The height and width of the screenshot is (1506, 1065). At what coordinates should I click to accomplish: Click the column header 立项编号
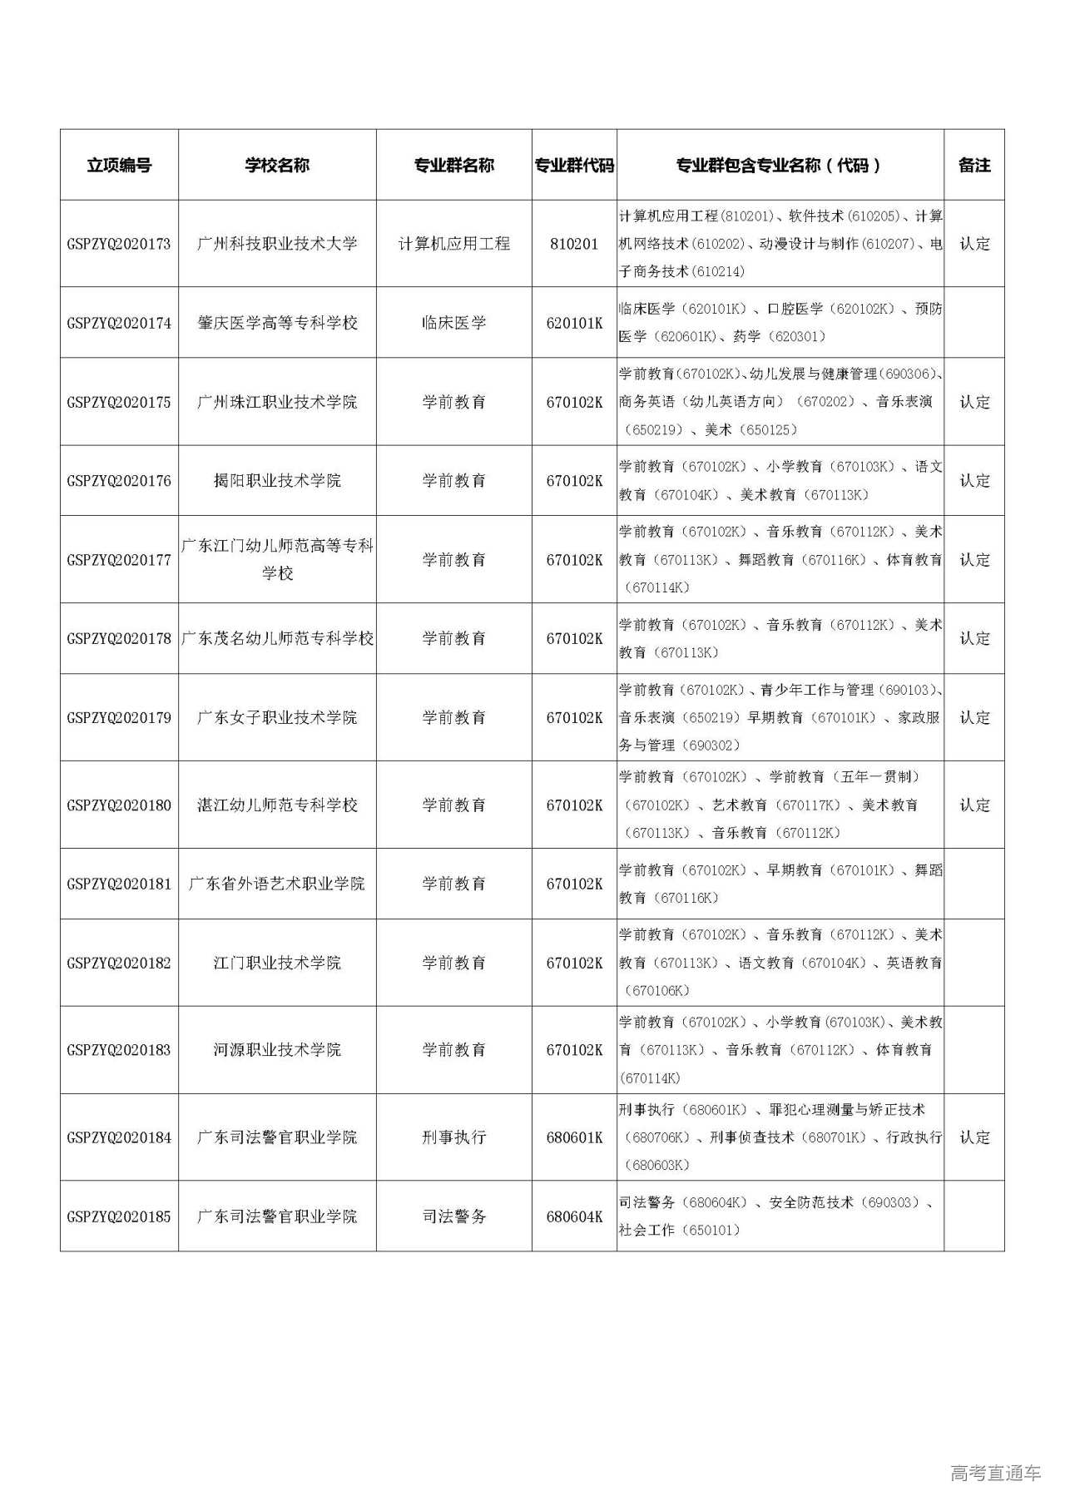[x=119, y=165]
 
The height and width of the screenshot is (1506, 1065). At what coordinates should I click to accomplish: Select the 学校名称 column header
[x=277, y=165]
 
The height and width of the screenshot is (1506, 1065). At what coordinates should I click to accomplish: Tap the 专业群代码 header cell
[x=574, y=165]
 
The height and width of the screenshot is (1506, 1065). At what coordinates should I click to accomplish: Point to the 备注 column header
[x=974, y=165]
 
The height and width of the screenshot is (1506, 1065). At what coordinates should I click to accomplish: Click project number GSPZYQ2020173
[x=119, y=244]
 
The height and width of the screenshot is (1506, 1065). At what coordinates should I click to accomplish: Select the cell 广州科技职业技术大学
[x=277, y=244]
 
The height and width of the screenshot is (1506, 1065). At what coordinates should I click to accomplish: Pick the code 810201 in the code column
[x=574, y=244]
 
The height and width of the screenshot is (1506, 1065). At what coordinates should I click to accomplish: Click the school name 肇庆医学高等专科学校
[x=277, y=323]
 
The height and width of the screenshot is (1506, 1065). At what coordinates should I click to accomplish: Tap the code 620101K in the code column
[x=574, y=323]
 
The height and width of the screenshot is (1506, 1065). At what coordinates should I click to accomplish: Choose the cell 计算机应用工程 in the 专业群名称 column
[x=453, y=244]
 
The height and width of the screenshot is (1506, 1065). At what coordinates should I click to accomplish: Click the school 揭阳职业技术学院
[x=277, y=480]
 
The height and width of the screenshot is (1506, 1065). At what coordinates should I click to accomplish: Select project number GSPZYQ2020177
[x=119, y=559]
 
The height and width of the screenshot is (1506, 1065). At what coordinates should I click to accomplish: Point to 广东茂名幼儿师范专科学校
[x=277, y=638]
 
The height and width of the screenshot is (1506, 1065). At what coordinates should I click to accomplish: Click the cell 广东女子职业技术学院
[x=277, y=717]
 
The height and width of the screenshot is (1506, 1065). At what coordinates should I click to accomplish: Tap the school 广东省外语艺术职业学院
[x=277, y=884]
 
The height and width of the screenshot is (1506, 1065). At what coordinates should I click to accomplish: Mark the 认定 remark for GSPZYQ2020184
[x=974, y=1137]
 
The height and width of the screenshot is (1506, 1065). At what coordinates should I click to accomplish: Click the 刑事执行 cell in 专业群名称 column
[x=453, y=1137]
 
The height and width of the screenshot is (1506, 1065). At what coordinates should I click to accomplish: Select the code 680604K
[x=574, y=1216]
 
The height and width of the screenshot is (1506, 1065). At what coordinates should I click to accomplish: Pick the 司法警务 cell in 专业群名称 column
[x=453, y=1216]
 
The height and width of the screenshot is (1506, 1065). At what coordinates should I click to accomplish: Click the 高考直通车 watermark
[x=995, y=1474]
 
